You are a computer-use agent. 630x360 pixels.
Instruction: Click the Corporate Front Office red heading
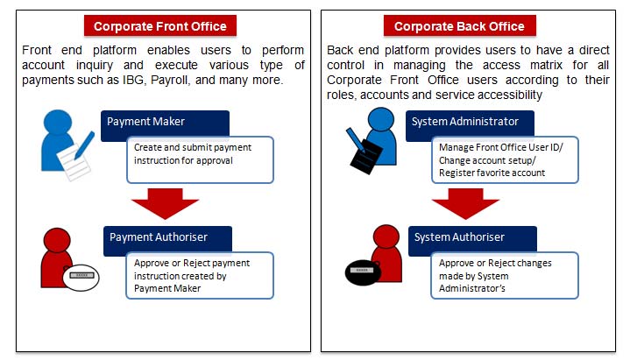pos(160,26)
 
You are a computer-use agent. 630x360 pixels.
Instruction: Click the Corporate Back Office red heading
pos(459,26)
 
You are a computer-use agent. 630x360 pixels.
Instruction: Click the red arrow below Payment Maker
pos(165,203)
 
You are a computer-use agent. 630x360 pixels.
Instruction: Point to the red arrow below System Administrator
pos(465,203)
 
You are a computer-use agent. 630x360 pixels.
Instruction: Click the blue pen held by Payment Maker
pos(84,145)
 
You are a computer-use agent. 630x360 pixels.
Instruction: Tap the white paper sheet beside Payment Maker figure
pos(74,162)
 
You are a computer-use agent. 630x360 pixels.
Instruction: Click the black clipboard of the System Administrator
pos(365,157)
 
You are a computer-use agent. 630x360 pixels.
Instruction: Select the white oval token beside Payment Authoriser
pos(81,278)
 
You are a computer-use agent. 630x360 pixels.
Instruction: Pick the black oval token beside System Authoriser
pos(363,272)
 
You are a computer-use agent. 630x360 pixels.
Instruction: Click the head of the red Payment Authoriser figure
pos(57,241)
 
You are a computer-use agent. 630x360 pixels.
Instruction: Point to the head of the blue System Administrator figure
pos(381,120)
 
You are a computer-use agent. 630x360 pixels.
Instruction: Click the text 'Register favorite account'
pos(492,173)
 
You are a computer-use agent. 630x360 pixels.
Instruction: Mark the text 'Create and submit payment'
pos(193,147)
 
